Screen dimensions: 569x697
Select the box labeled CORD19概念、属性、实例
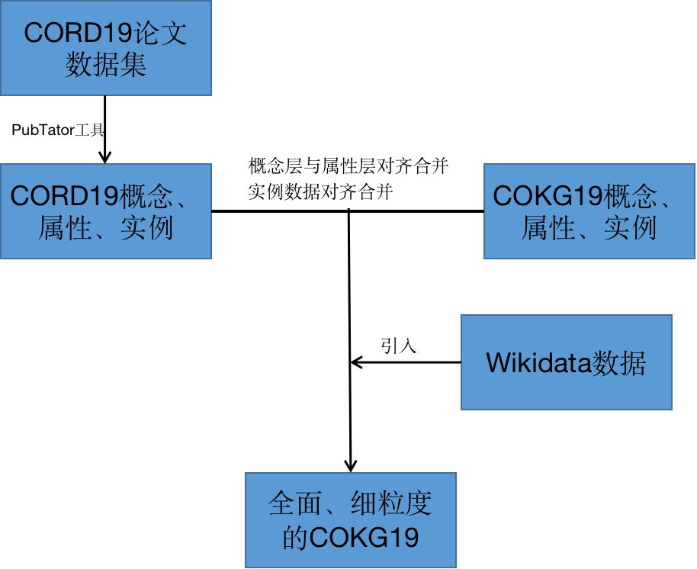pyautogui.click(x=105, y=211)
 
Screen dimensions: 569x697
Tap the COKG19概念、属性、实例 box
pyautogui.click(x=589, y=211)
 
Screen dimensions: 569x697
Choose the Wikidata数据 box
pyautogui.click(x=566, y=363)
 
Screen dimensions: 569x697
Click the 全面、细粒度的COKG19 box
pyautogui.click(x=351, y=519)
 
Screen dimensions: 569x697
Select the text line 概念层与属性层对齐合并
pyautogui.click(x=348, y=167)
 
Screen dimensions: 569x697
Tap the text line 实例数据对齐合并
pyautogui.click(x=320, y=191)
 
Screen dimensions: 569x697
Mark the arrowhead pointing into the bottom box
pyautogui.click(x=350, y=465)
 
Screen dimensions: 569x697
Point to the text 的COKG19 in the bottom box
pyautogui.click(x=351, y=538)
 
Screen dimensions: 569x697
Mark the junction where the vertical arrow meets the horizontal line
pyautogui.click(x=349, y=211)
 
